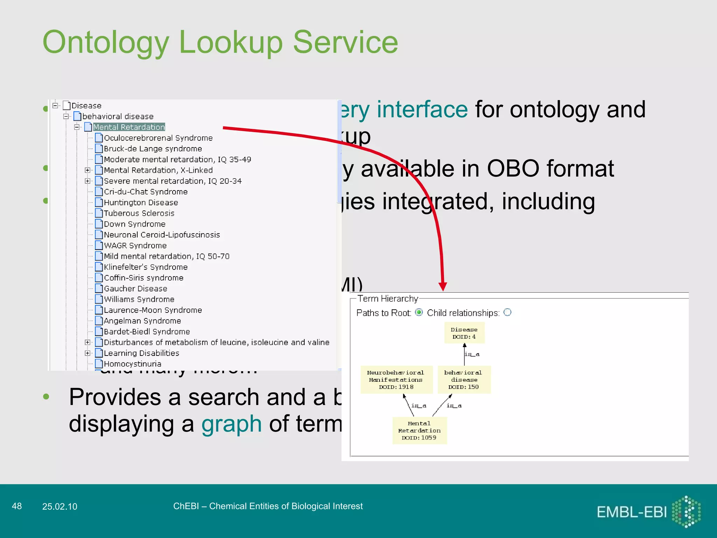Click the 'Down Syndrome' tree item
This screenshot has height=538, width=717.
(134, 224)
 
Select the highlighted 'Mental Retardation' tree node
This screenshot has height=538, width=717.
(129, 127)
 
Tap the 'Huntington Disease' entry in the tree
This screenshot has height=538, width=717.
(141, 202)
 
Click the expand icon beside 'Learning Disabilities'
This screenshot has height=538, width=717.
(88, 353)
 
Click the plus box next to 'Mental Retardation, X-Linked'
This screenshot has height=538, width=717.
(88, 170)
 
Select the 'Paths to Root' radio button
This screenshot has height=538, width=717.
(419, 312)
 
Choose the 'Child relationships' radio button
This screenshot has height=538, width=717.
(507, 312)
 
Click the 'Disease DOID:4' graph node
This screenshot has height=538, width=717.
(464, 333)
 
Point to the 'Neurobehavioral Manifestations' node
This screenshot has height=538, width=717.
(396, 380)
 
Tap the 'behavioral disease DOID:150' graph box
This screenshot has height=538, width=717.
(464, 380)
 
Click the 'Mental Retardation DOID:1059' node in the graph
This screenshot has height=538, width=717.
(419, 430)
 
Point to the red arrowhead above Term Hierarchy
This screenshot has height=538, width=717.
(443, 286)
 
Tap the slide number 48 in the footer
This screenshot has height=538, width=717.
(17, 506)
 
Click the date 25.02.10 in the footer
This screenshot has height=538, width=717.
(60, 506)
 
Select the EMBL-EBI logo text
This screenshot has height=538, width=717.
(632, 512)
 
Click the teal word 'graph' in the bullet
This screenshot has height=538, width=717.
(231, 424)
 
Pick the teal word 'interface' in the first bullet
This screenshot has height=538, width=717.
(422, 109)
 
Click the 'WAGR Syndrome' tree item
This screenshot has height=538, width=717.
(135, 246)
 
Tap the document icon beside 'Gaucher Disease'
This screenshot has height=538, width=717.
(99, 289)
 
